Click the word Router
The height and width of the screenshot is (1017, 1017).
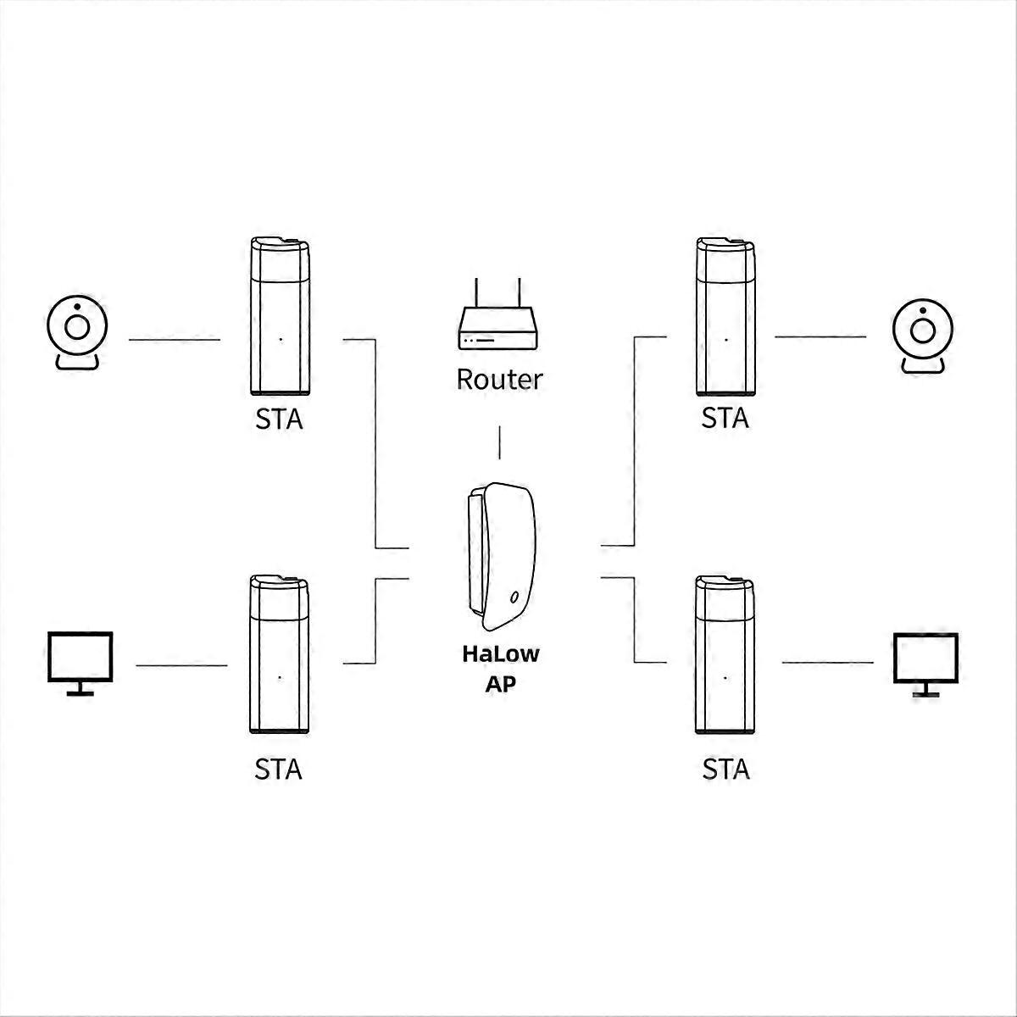pos(499,380)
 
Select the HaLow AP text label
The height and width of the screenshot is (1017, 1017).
pos(501,669)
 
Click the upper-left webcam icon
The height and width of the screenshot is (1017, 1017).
pos(77,332)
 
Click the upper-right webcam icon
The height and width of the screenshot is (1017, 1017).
pos(923,336)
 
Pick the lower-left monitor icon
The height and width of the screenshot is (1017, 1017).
pos(81,664)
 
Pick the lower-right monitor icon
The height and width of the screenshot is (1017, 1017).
pos(925,665)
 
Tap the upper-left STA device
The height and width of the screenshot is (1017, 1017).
pos(280,316)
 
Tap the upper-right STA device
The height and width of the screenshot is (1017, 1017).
pos(725,316)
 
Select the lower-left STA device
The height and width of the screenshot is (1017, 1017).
pos(279,654)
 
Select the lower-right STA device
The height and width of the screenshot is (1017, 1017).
pos(725,654)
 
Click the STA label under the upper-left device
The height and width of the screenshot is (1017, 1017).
pos(279,420)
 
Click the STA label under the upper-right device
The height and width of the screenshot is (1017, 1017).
pos(725,419)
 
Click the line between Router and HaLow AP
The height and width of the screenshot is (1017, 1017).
pos(499,442)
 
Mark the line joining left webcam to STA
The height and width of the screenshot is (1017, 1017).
pos(175,339)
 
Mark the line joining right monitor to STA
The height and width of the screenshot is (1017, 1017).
pos(827,663)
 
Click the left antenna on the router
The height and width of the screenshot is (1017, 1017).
pos(476,293)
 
